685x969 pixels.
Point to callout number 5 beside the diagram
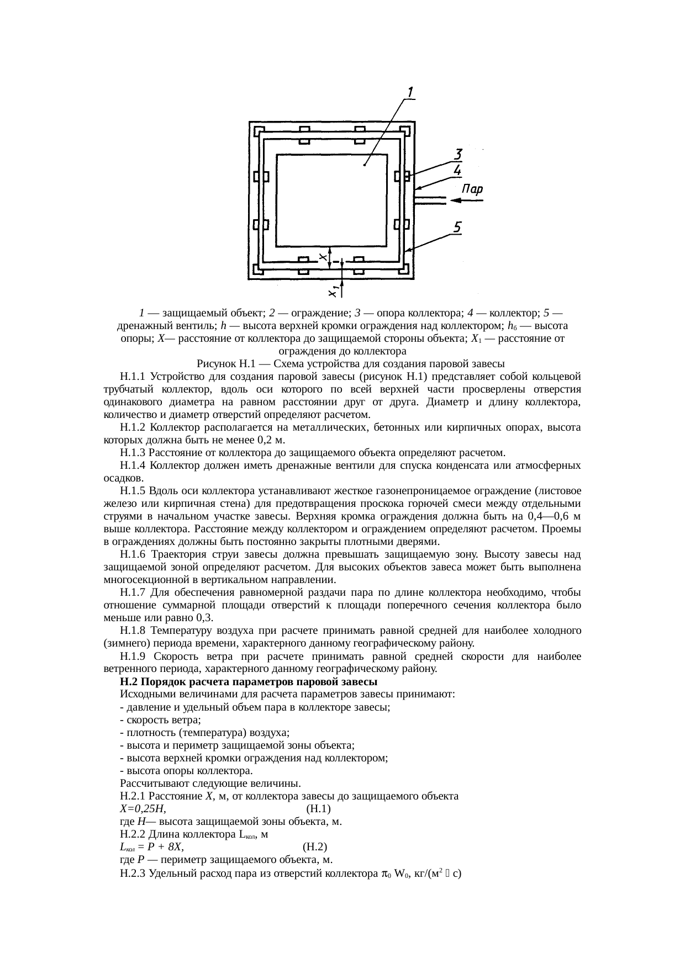coord(459,226)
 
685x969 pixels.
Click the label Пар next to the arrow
coord(472,189)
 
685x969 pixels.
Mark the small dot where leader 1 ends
coord(365,164)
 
